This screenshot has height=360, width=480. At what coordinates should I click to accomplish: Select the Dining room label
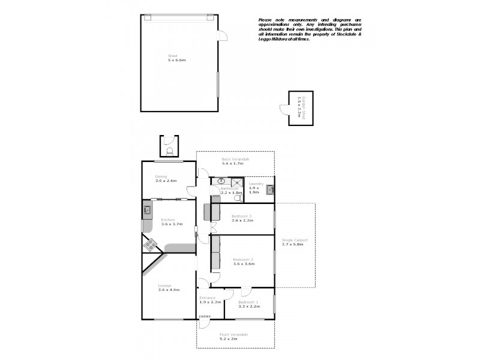point(166,179)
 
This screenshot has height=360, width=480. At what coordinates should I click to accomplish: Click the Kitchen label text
point(172,222)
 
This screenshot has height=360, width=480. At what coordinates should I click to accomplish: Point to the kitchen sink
point(146,210)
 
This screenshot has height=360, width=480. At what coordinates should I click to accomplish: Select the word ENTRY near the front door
point(205,317)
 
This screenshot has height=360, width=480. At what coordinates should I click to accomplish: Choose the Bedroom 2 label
point(243,262)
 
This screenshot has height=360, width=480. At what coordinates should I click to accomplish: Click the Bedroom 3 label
point(243,218)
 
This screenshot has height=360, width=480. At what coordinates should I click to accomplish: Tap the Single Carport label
point(293,242)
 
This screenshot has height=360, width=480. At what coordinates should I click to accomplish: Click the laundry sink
point(270,190)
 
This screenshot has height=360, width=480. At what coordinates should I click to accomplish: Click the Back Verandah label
point(235,161)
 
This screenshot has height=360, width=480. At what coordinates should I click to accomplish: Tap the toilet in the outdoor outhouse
point(170,151)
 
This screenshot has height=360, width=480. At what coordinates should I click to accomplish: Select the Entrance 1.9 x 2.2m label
point(211,299)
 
